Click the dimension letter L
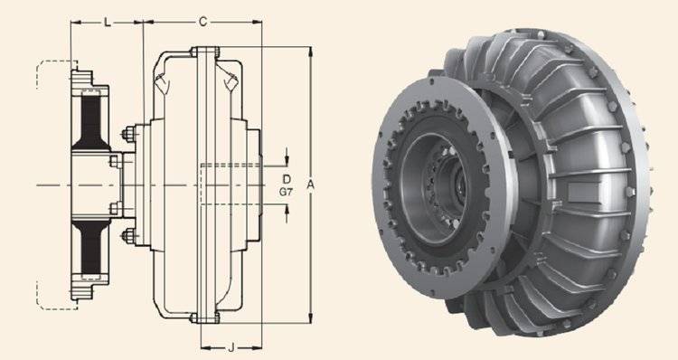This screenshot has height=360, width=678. pyautogui.click(x=108, y=22)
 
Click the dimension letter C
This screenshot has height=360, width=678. pyautogui.click(x=202, y=22)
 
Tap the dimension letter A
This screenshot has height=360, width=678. pyautogui.click(x=310, y=185)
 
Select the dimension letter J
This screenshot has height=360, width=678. pyautogui.click(x=231, y=347)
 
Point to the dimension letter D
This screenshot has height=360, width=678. pyautogui.click(x=287, y=179)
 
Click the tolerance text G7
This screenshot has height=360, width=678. pyautogui.click(x=286, y=192)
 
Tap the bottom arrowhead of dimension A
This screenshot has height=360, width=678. pyautogui.click(x=310, y=318)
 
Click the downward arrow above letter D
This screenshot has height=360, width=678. pyautogui.click(x=287, y=156)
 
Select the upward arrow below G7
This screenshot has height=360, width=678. pyautogui.click(x=287, y=213)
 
